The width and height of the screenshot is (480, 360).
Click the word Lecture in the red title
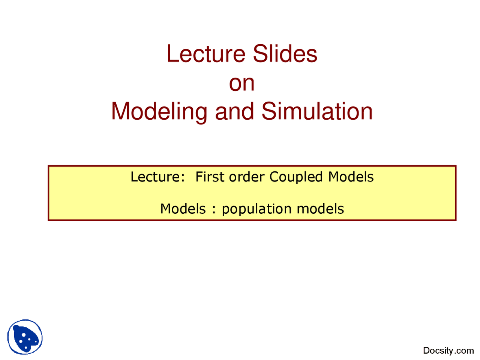click(x=206, y=54)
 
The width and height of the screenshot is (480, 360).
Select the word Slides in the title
click(x=285, y=54)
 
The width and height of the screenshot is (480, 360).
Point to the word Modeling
click(x=159, y=112)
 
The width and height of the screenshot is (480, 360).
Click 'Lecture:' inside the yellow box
click(x=157, y=177)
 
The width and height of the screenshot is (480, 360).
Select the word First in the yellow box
click(x=210, y=177)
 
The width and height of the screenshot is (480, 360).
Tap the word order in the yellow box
click(x=246, y=177)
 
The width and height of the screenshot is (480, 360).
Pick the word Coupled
click(x=295, y=177)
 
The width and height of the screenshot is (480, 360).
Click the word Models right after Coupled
click(x=351, y=177)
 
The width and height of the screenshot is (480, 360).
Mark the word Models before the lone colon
click(x=183, y=208)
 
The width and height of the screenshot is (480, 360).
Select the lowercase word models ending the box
click(x=320, y=208)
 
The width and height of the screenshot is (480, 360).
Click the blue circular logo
click(x=25, y=336)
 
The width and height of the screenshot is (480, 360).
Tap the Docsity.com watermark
click(x=448, y=350)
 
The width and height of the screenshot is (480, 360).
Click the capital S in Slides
click(x=260, y=54)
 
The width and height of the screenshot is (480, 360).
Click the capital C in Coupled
click(x=274, y=177)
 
